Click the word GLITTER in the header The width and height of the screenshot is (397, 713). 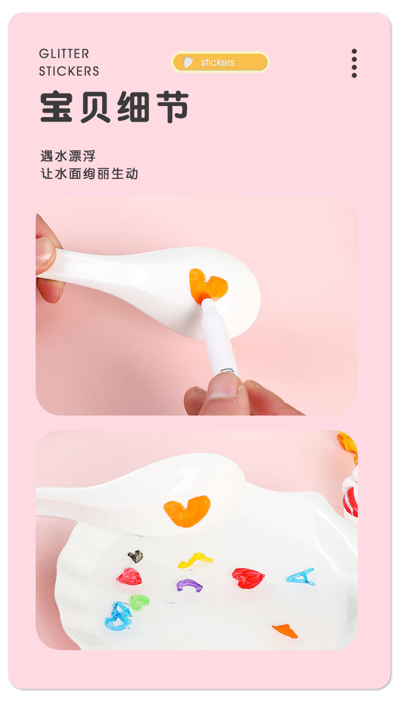[64, 53]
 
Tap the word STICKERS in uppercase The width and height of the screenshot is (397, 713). [69, 71]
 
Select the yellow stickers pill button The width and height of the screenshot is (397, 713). [220, 62]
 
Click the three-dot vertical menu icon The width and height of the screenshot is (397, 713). [354, 63]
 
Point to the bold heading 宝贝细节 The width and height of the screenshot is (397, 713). [114, 107]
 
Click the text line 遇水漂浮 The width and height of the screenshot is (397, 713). [68, 156]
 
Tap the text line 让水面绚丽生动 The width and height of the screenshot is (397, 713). [89, 174]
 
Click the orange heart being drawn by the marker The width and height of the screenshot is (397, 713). [208, 284]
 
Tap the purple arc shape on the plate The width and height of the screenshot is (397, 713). [189, 585]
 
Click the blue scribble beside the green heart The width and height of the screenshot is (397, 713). [119, 616]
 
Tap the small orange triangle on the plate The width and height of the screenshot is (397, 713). [285, 631]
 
